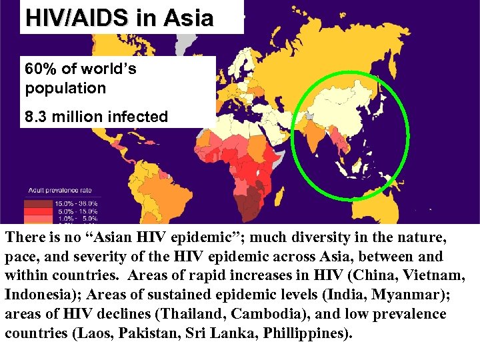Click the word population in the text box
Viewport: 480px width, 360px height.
coord(65,88)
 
